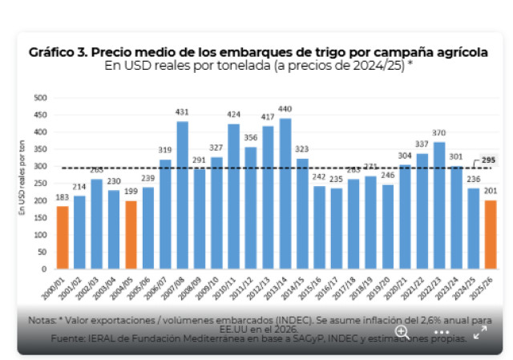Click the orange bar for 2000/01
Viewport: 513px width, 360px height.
tap(62, 241)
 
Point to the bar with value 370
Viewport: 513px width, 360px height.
tap(439, 208)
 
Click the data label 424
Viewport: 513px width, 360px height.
tap(233, 115)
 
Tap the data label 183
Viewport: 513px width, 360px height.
tap(62, 198)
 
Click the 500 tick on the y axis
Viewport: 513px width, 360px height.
tap(40, 98)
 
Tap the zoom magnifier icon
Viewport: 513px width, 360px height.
tap(402, 331)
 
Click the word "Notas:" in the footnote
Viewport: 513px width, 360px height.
tap(41, 318)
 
